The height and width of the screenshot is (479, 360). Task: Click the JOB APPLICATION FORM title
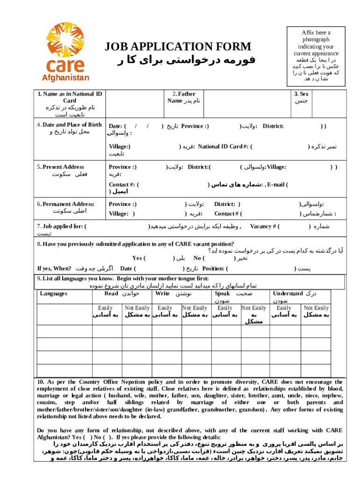point(178,47)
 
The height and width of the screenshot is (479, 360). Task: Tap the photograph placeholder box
point(316,56)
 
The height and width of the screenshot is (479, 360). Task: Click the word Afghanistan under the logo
point(65,78)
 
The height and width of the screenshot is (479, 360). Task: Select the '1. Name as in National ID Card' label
point(70,97)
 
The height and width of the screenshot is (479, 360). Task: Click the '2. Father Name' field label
point(183,97)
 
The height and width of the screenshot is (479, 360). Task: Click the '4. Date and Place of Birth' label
point(70,125)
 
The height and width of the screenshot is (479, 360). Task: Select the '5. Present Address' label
point(61,167)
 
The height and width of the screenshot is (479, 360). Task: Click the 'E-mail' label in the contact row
point(278,184)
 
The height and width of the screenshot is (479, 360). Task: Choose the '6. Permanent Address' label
point(66,204)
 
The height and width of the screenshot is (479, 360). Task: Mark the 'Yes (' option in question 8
point(139,258)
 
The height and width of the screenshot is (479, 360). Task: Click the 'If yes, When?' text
point(54,269)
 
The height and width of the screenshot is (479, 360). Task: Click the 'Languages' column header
point(54,294)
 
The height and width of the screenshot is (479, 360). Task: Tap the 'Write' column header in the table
point(162,294)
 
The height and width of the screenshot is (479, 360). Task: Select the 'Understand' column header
point(288,294)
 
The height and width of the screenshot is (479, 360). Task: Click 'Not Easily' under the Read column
point(137,308)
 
